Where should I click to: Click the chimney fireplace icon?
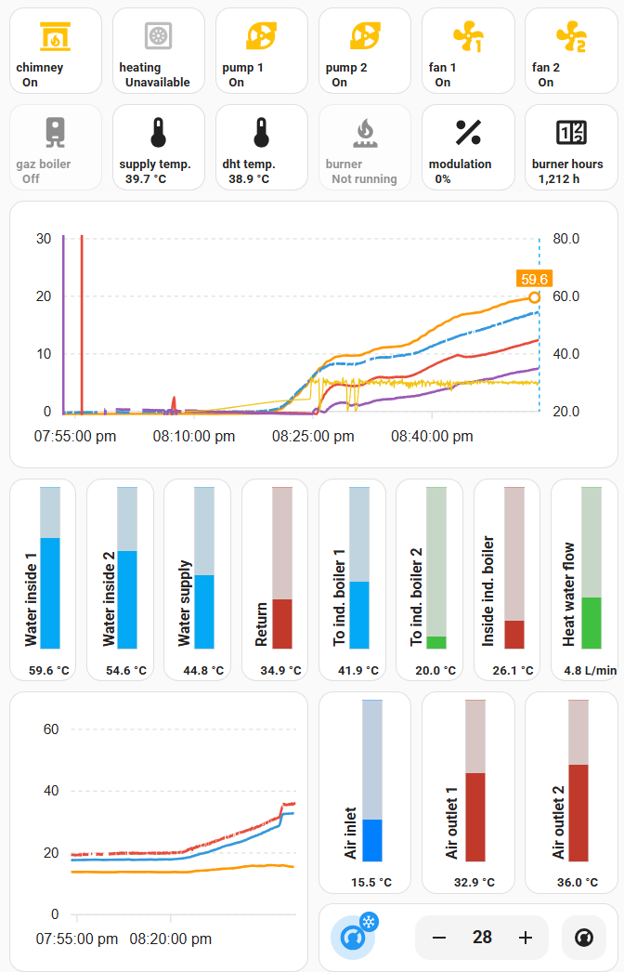(x=55, y=36)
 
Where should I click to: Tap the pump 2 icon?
(x=365, y=36)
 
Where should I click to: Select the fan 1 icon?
(x=468, y=36)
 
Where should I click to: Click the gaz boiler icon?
(x=55, y=133)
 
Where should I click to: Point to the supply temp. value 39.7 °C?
(x=146, y=179)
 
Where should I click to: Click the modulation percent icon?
(x=468, y=133)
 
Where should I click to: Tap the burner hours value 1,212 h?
(x=558, y=179)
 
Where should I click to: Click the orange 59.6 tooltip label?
(x=534, y=279)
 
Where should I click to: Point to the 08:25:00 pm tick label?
(x=313, y=437)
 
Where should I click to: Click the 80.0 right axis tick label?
(x=565, y=239)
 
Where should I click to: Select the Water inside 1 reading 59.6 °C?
(x=49, y=671)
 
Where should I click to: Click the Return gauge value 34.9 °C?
(x=280, y=671)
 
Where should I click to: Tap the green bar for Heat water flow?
(x=591, y=623)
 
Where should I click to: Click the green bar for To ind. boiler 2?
(x=436, y=643)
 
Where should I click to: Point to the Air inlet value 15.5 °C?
(x=371, y=882)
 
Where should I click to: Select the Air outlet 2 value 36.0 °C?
(x=578, y=882)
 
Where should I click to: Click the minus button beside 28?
(x=439, y=938)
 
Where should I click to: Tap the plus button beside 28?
(x=526, y=938)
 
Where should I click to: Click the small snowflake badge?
(x=369, y=922)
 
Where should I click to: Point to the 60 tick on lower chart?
(x=51, y=729)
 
